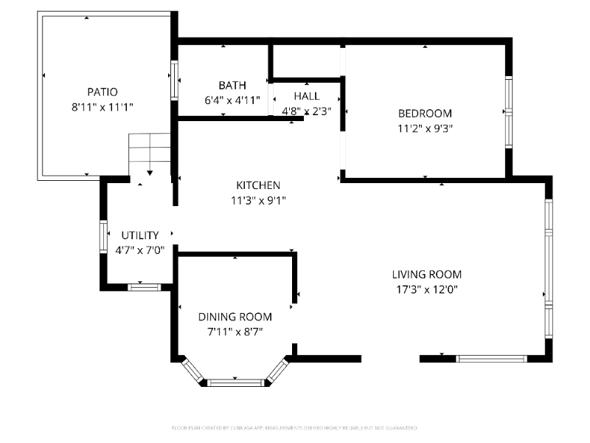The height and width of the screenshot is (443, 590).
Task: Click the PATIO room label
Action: [103, 92]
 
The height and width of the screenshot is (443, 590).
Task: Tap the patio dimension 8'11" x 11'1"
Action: [103, 107]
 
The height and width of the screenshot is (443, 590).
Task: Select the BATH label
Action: [232, 86]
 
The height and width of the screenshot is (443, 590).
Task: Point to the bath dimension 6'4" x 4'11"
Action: [232, 100]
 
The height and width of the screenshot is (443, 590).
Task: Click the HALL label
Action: [307, 96]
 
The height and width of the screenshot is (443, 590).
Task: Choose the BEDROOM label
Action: [425, 114]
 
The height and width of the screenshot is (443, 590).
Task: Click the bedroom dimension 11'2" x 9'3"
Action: [425, 128]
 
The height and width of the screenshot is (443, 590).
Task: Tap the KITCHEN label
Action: [258, 185]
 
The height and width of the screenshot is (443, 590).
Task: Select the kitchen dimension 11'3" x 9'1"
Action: [258, 199]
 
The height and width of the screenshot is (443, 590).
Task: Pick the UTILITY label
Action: [140, 236]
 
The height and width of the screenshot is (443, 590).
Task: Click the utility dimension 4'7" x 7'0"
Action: [140, 250]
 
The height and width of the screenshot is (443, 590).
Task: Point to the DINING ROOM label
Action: [235, 317]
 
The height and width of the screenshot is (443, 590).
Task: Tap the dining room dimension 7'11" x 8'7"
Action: [235, 332]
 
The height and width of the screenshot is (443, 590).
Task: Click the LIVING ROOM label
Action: [430, 275]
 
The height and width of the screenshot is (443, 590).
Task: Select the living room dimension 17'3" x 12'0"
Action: [430, 290]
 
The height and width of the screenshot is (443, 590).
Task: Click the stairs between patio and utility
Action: [150, 153]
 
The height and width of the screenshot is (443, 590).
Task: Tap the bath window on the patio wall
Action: [175, 80]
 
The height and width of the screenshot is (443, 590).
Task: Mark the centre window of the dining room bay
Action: [235, 382]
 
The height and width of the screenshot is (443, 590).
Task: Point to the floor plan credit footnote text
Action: [295, 427]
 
